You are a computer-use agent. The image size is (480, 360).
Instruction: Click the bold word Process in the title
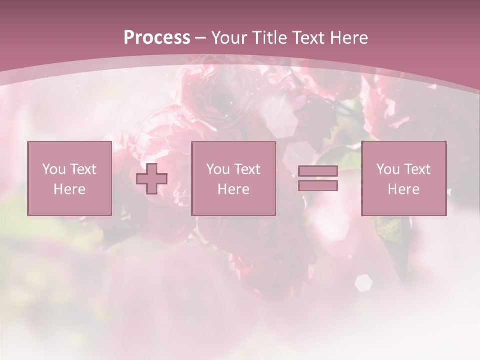(157, 38)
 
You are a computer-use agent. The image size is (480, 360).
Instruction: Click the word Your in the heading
(230, 38)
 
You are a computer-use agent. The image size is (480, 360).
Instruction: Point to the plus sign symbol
(152, 179)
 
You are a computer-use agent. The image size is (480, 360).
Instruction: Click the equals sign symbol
(318, 178)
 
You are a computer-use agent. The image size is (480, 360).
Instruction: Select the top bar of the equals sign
(318, 171)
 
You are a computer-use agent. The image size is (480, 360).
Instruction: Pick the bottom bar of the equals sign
(318, 186)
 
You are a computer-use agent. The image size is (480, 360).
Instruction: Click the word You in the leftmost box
(53, 169)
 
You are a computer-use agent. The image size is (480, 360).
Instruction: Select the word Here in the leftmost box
(70, 189)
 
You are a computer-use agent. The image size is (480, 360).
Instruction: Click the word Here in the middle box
(234, 189)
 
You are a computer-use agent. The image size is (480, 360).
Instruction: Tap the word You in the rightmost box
(387, 169)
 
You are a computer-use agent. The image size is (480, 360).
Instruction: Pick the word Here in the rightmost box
(404, 189)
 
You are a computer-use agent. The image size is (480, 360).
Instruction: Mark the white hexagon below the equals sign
(363, 283)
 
